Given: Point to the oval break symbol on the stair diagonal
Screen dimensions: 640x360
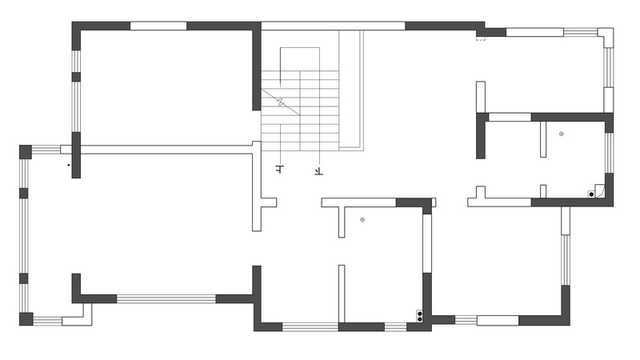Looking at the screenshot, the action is (x=281, y=102).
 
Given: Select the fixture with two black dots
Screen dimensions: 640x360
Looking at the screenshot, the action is (x=419, y=315).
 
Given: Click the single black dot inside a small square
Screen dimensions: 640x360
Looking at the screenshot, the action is (x=591, y=194).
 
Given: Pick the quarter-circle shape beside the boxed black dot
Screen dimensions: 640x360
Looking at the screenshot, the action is (x=599, y=191).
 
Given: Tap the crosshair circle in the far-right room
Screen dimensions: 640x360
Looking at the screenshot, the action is (x=562, y=134).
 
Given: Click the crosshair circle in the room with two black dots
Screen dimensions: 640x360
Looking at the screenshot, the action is (x=362, y=219).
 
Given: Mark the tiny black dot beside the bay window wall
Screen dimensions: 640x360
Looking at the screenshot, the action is (x=69, y=166).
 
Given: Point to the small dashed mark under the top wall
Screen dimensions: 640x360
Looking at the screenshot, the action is (x=482, y=40).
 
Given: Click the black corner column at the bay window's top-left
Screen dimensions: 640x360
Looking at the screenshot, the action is (x=26, y=152).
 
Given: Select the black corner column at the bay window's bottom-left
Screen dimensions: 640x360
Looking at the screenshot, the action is (x=26, y=319).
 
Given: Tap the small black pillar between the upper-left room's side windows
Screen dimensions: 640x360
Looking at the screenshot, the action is (x=76, y=77).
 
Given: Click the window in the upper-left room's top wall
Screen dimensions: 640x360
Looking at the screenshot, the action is (x=158, y=26).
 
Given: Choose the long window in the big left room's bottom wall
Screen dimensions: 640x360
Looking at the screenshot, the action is (x=166, y=298).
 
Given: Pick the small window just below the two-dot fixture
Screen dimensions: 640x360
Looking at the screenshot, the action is (x=395, y=326).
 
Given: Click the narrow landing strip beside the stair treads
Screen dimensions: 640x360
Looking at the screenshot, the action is (x=351, y=90).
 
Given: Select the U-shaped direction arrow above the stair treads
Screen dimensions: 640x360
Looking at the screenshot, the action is (x=299, y=66).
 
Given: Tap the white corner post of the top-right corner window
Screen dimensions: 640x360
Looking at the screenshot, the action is (x=606, y=35).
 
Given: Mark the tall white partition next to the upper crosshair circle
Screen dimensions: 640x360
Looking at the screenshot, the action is (x=543, y=139).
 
